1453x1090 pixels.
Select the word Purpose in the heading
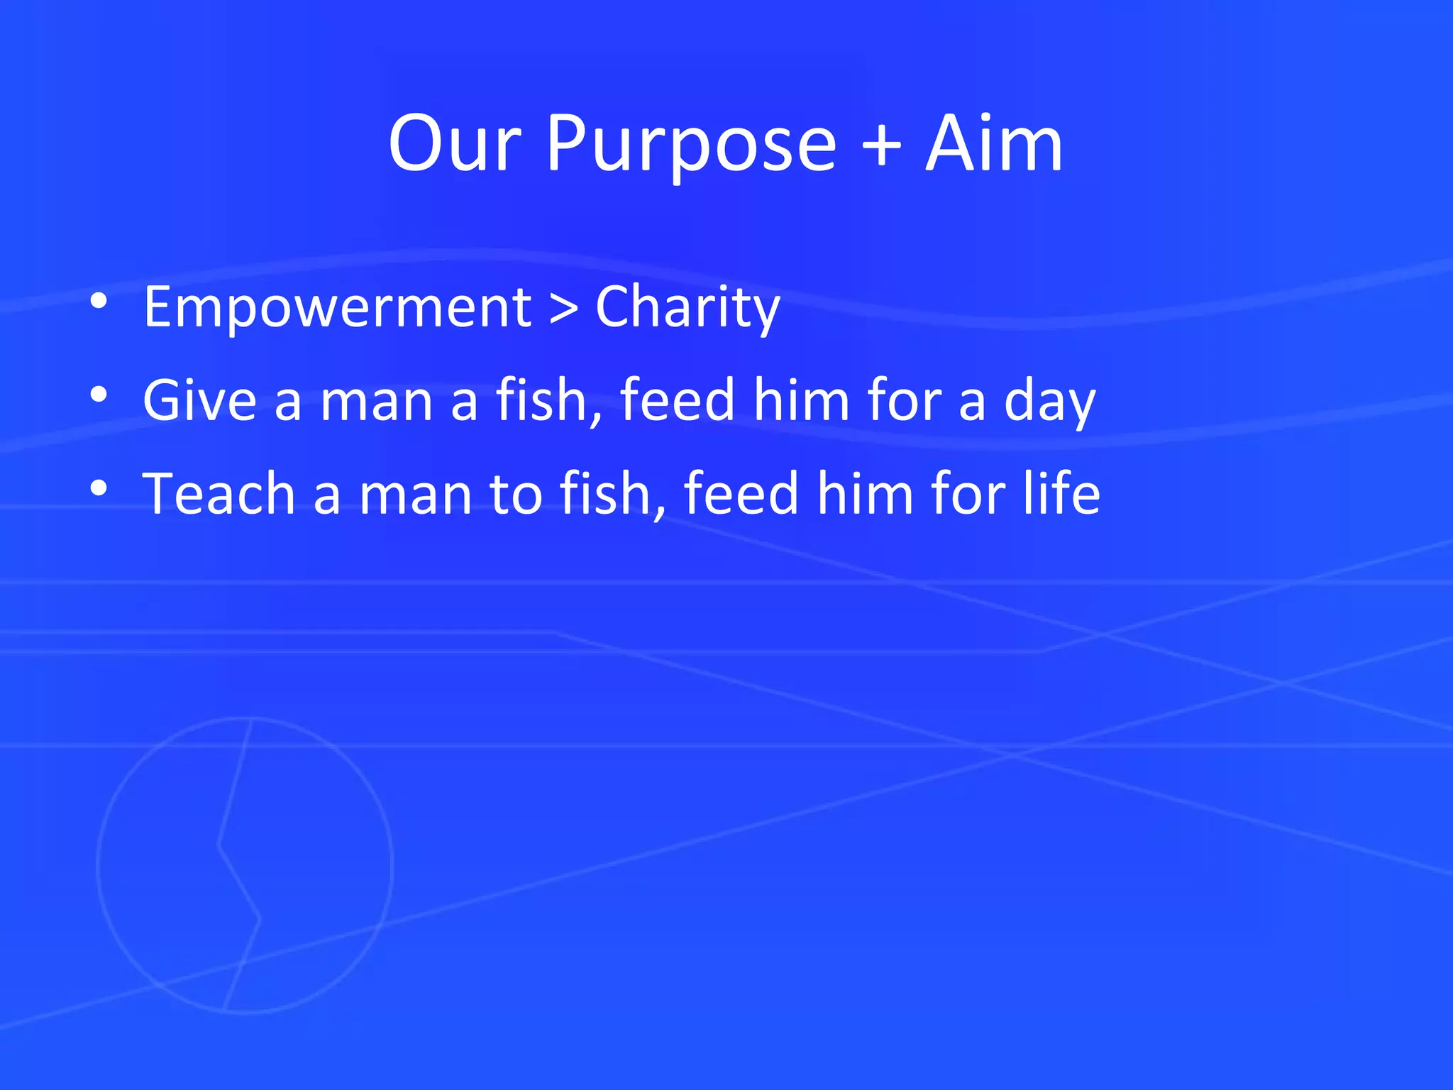pyautogui.click(x=691, y=146)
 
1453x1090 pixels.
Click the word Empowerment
pyautogui.click(x=338, y=307)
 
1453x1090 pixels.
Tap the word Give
pyautogui.click(x=199, y=400)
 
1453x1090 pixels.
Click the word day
pyautogui.click(x=1050, y=402)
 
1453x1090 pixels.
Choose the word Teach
pyautogui.click(x=219, y=493)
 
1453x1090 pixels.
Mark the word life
pyautogui.click(x=1061, y=492)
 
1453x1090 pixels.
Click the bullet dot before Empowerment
pyautogui.click(x=99, y=302)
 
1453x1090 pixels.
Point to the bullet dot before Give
pyautogui.click(x=99, y=395)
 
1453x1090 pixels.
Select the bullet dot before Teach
pyautogui.click(x=99, y=488)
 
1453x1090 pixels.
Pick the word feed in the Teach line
pyautogui.click(x=741, y=492)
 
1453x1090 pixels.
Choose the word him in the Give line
pyautogui.click(x=801, y=400)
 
